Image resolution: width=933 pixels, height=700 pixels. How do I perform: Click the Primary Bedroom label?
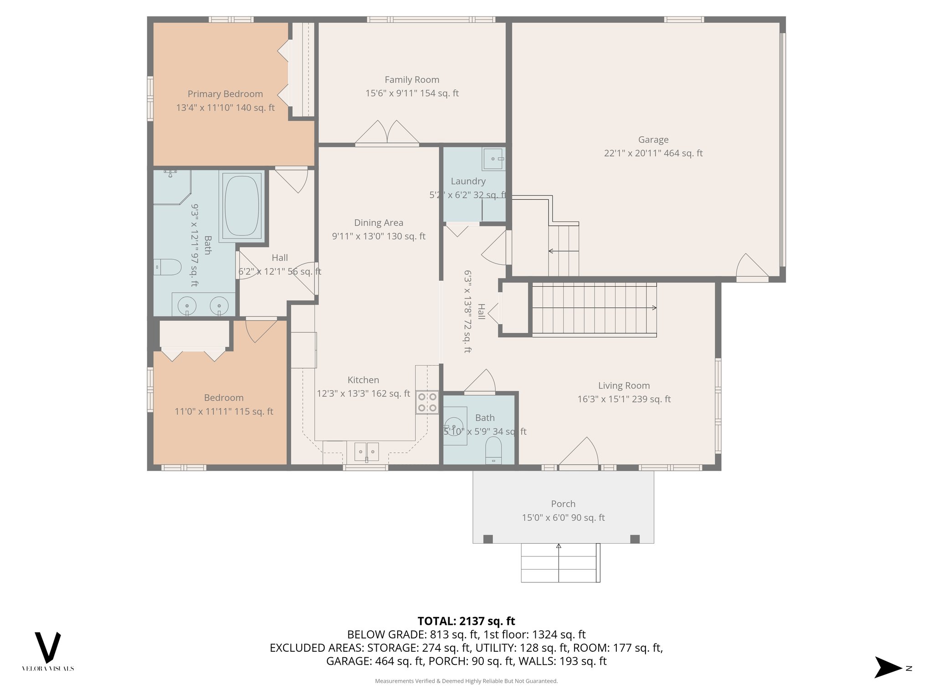point(225,94)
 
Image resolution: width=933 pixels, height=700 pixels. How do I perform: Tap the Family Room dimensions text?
point(412,93)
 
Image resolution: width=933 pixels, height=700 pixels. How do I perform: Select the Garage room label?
point(653,140)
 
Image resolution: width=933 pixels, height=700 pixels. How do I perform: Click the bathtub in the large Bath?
point(241,206)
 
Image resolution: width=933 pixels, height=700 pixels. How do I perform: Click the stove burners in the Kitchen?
point(427,402)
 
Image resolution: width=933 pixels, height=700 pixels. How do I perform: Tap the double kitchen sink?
point(366,452)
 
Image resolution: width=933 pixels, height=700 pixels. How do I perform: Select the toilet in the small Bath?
point(493,450)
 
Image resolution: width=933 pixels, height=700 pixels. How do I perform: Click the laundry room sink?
point(493,159)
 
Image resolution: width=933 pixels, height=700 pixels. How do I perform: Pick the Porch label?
point(563,504)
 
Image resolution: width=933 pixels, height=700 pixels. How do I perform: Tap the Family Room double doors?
point(387,133)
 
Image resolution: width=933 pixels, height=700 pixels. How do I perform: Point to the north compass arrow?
point(888,668)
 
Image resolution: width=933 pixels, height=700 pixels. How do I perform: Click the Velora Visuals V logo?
point(48,647)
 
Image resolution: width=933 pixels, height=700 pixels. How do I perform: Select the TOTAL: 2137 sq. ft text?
point(466,621)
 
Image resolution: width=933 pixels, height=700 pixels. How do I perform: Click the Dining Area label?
point(379,223)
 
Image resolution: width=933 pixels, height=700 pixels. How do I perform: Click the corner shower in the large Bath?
point(170,187)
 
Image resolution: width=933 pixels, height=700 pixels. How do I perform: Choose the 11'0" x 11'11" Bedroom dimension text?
point(224,412)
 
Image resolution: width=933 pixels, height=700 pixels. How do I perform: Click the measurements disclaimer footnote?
point(466,681)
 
